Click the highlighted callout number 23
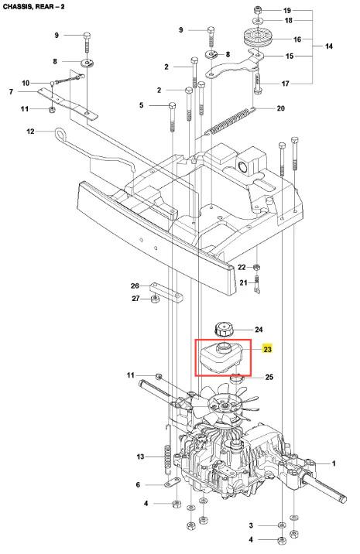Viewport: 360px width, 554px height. [267, 349]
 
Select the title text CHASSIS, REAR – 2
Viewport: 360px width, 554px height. [34, 6]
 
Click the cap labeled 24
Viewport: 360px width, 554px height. [224, 330]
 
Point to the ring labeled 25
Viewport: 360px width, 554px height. [237, 379]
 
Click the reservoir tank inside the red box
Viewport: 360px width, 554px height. [221, 356]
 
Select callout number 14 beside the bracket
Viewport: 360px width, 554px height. [329, 46]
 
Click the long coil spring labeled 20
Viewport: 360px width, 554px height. [230, 121]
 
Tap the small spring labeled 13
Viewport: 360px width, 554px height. [168, 457]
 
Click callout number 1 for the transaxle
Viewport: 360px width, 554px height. [334, 463]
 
